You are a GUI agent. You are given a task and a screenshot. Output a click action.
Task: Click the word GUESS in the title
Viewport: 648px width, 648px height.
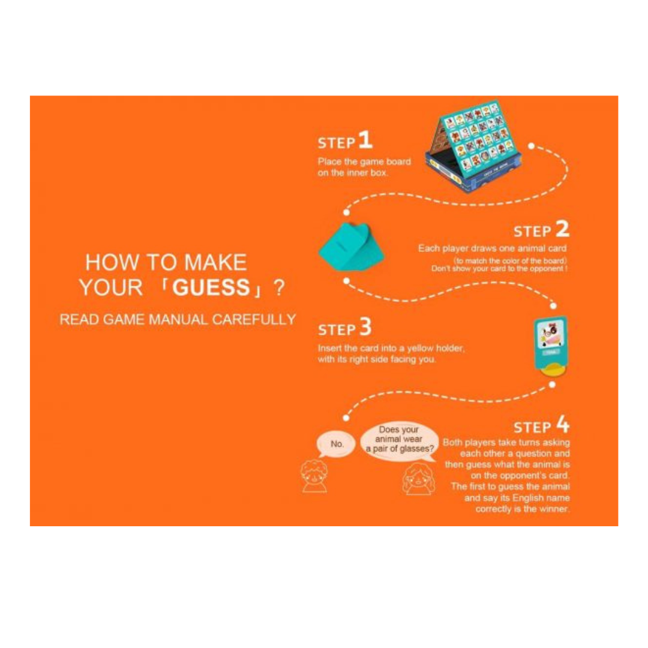(211, 287)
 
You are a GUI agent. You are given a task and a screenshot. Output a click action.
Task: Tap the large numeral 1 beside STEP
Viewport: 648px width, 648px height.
(365, 139)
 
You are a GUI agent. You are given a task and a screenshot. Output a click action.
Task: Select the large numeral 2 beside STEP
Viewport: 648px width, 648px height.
(562, 229)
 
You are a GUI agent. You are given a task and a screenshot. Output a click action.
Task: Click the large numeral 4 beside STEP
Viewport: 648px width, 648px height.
(563, 424)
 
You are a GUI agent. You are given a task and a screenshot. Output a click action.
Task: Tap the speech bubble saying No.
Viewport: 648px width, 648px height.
(336, 445)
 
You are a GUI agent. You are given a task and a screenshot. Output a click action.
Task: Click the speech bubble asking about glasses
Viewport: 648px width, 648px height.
(399, 440)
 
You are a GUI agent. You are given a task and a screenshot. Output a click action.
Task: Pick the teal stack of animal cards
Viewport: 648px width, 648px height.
(352, 247)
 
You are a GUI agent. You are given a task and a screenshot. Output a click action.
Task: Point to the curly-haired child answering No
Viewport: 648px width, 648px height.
(314, 476)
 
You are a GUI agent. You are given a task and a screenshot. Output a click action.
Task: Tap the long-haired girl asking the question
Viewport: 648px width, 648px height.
(418, 479)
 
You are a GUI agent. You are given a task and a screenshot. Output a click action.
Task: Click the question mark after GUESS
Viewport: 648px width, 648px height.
(280, 287)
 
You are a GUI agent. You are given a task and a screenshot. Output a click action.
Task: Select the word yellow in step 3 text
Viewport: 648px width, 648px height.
(419, 349)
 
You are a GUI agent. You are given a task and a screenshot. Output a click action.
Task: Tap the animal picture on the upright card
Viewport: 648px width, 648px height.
(550, 333)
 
